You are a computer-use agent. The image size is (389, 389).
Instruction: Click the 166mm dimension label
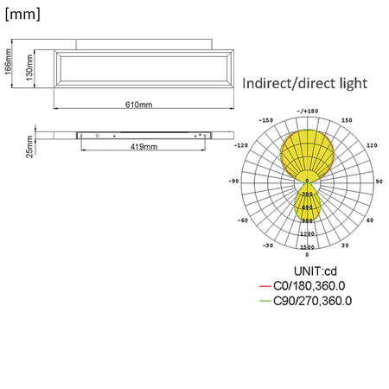[x=8, y=63]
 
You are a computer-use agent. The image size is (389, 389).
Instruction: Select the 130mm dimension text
[x=29, y=66]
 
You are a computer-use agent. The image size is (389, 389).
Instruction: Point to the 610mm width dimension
[x=138, y=105]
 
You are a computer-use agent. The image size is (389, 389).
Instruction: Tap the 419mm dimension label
[x=143, y=148]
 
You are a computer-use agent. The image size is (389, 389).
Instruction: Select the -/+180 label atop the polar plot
[x=308, y=111]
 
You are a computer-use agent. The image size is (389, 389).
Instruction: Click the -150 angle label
[x=266, y=120]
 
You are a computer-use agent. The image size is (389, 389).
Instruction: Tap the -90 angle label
[x=233, y=182]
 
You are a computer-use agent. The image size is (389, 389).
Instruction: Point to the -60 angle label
[x=243, y=220]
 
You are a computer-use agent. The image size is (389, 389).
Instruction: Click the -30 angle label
[x=269, y=246]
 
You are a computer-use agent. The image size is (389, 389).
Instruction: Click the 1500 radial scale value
[x=307, y=248]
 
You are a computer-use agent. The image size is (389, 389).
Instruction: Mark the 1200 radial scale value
[x=307, y=234]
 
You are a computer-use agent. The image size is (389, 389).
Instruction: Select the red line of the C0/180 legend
[x=265, y=286]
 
